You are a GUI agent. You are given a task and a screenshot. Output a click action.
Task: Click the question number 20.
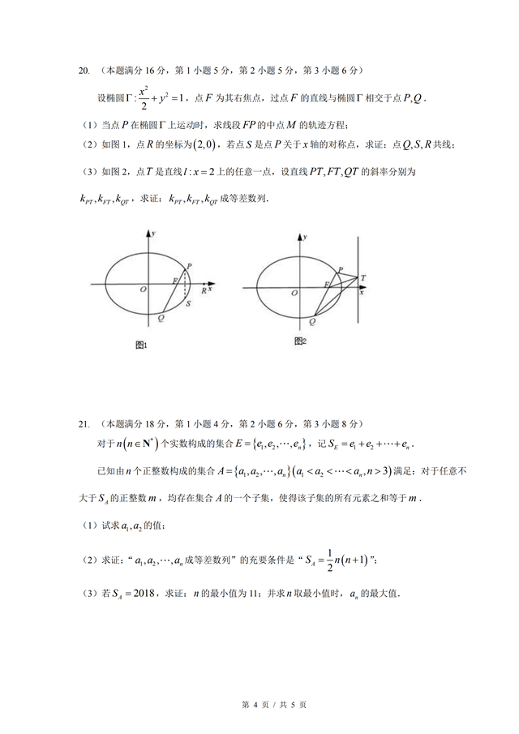tap(83, 71)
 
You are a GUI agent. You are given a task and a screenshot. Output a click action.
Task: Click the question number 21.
tap(83, 423)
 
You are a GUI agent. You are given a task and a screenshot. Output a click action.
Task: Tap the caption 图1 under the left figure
tap(140, 346)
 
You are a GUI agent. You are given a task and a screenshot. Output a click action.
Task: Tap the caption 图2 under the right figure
tap(300, 341)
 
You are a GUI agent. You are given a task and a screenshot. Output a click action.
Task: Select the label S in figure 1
tap(188, 303)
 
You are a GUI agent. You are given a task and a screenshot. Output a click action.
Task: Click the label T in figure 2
tap(363, 278)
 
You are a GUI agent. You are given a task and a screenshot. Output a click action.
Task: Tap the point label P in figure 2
tap(341, 269)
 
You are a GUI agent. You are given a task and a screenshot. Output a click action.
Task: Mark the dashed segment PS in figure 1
tap(186, 285)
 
